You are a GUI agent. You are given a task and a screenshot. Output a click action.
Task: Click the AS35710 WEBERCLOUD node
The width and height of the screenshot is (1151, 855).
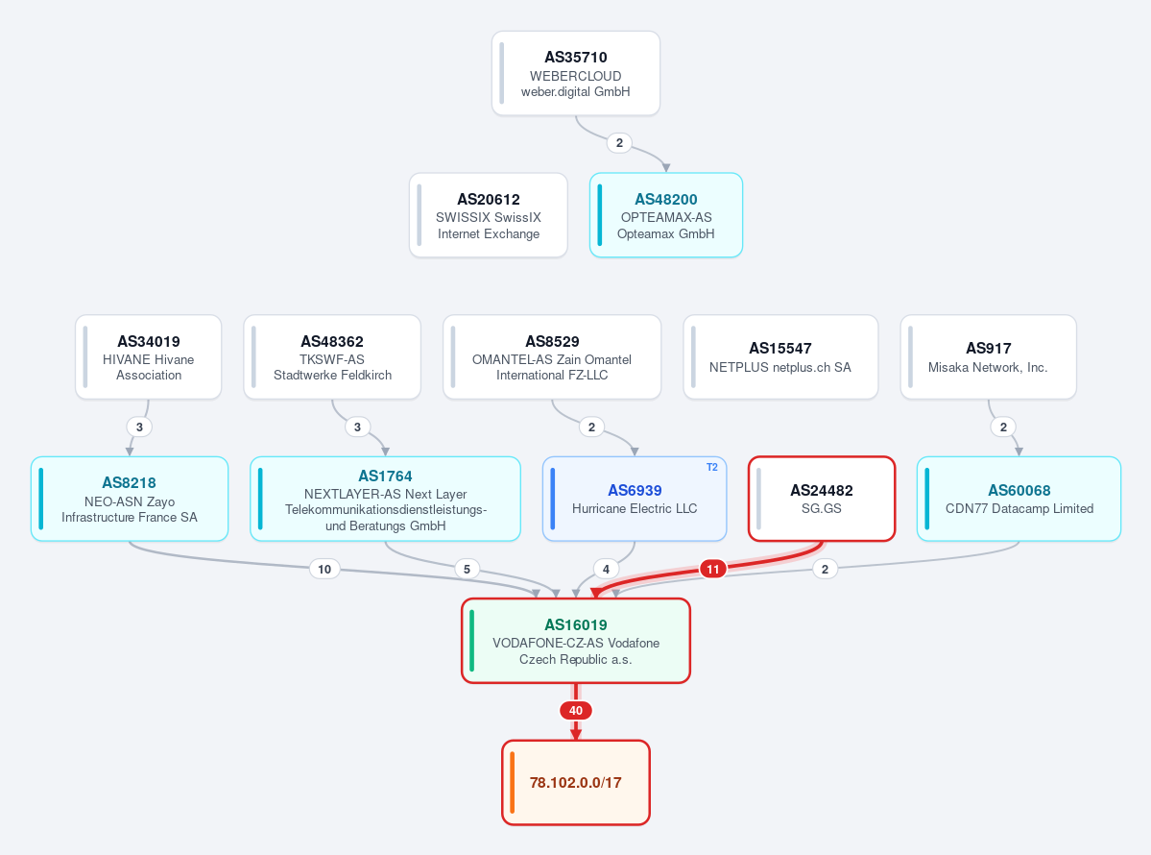[x=576, y=73]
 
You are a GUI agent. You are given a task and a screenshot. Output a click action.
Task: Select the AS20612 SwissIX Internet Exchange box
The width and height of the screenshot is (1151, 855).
[x=489, y=215]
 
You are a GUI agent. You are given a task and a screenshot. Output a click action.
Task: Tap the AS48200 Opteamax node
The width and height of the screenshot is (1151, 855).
[x=666, y=215]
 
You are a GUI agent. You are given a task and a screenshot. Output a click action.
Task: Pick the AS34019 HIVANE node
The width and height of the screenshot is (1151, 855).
[x=148, y=357]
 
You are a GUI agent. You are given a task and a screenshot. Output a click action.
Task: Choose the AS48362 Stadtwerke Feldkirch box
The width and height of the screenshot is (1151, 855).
[x=332, y=357]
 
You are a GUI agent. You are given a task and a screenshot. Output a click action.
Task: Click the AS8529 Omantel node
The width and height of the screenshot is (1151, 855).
[x=552, y=357]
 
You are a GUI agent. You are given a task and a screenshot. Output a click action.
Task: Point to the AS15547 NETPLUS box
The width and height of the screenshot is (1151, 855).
[x=780, y=357]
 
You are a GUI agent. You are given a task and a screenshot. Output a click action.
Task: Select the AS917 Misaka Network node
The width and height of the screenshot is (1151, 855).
[x=988, y=357]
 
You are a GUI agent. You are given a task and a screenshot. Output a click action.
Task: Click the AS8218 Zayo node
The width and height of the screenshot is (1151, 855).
[x=130, y=499]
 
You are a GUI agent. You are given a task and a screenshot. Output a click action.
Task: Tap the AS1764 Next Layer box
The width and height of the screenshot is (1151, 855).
[x=385, y=499]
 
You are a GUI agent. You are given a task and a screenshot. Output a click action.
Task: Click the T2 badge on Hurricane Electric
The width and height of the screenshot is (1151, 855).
[x=712, y=467]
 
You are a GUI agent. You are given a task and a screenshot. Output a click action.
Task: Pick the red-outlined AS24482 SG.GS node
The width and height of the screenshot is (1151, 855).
[x=822, y=499]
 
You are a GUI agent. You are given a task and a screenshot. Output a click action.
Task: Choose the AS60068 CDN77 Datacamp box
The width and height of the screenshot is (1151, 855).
[x=1019, y=499]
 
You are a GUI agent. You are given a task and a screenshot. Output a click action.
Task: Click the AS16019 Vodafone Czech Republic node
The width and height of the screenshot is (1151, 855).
[x=576, y=641]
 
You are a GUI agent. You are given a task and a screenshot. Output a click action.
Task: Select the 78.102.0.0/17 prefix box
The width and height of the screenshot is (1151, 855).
[x=576, y=782]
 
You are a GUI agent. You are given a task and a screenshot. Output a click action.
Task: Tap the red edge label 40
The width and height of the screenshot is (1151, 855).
[x=576, y=710]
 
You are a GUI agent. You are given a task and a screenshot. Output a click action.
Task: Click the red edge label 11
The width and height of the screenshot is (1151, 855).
[x=712, y=569]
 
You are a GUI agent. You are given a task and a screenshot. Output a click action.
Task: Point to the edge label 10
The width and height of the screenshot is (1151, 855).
[x=324, y=569]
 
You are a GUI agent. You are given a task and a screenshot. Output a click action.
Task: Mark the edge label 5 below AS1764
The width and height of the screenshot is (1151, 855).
[x=467, y=569]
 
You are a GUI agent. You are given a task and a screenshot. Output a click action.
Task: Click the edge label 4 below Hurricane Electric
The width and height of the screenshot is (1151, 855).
[x=606, y=569]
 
